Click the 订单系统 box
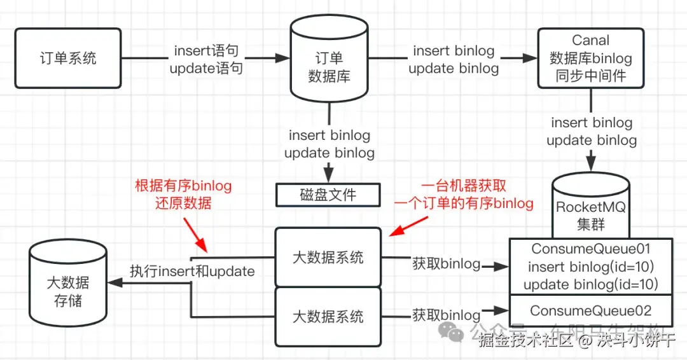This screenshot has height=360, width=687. click(68, 58)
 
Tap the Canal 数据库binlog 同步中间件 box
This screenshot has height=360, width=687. click(591, 59)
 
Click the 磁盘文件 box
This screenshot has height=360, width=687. click(328, 195)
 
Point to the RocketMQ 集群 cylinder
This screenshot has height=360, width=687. click(592, 207)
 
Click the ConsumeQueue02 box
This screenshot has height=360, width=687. click(591, 311)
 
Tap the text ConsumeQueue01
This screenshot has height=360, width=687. click(591, 249)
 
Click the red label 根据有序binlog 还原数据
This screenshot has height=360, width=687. click(183, 195)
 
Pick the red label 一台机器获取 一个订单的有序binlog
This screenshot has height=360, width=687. click(464, 195)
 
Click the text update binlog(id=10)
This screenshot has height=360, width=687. click(591, 284)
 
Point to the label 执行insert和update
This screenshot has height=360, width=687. click(192, 272)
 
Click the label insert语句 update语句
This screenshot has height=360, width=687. click(206, 59)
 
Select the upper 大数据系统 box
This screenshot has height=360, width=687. click(328, 257)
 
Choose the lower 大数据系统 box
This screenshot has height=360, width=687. click(328, 316)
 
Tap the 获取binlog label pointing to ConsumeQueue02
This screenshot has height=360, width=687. click(446, 315)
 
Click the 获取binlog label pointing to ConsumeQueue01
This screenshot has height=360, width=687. click(446, 263)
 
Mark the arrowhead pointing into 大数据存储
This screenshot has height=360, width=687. click(116, 284)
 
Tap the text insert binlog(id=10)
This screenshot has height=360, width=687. click(591, 267)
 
